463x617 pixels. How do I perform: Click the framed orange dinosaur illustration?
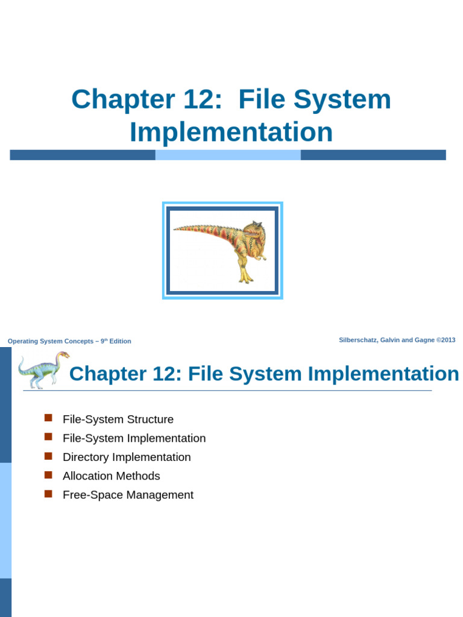222,250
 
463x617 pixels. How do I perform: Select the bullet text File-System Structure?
118,419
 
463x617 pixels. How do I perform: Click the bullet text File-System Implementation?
134,438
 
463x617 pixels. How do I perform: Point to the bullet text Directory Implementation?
127,457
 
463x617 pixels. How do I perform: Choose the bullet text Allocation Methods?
112,476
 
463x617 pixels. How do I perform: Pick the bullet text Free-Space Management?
128,495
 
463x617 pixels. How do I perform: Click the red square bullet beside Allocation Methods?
49,475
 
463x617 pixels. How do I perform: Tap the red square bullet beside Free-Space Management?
49,493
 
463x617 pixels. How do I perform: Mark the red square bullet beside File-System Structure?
49,418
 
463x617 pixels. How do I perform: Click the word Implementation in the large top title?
231,132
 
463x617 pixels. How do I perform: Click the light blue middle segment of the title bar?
228,155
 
